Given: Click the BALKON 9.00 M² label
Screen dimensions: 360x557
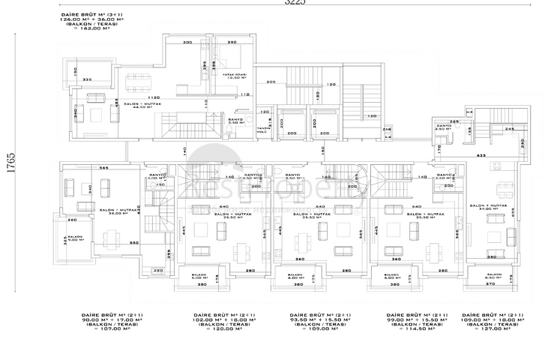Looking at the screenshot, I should click(x=74, y=238).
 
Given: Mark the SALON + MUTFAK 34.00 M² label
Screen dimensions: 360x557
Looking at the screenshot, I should click(x=484, y=207).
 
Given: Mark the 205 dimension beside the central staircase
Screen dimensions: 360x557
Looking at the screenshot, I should click(x=271, y=82).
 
